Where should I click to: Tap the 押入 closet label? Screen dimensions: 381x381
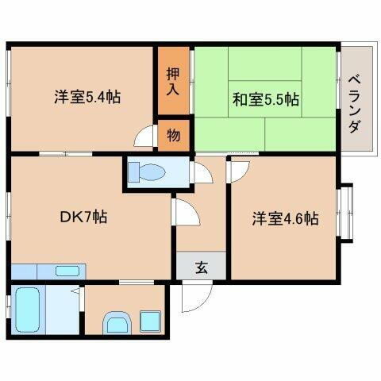(x=172, y=81)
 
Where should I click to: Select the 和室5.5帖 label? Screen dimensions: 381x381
(x=265, y=100)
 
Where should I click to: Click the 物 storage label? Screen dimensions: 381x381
(x=173, y=134)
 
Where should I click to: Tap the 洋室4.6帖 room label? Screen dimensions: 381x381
(x=286, y=218)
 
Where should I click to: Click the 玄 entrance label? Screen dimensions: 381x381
(x=201, y=267)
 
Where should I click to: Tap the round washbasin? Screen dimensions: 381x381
(x=117, y=323)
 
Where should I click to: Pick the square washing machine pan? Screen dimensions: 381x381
(x=148, y=321)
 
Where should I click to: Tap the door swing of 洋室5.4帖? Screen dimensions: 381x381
(x=146, y=137)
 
